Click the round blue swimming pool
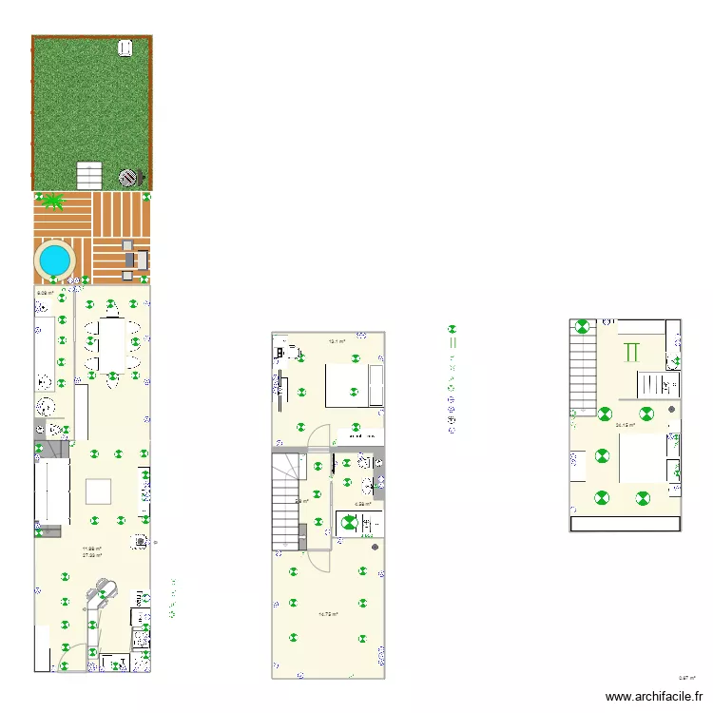point(54,257)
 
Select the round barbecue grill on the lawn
point(128,177)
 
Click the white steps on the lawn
point(89,176)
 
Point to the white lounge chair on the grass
point(125,48)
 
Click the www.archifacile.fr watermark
point(655,697)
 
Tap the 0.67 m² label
point(686,678)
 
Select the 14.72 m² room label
point(328,614)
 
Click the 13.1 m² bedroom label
point(336,341)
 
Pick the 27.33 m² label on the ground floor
point(92,555)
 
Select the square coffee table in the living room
point(98,491)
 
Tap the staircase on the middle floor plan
point(288,501)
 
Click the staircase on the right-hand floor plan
point(581,364)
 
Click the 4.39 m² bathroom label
point(362,504)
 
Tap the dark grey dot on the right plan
point(673,409)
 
